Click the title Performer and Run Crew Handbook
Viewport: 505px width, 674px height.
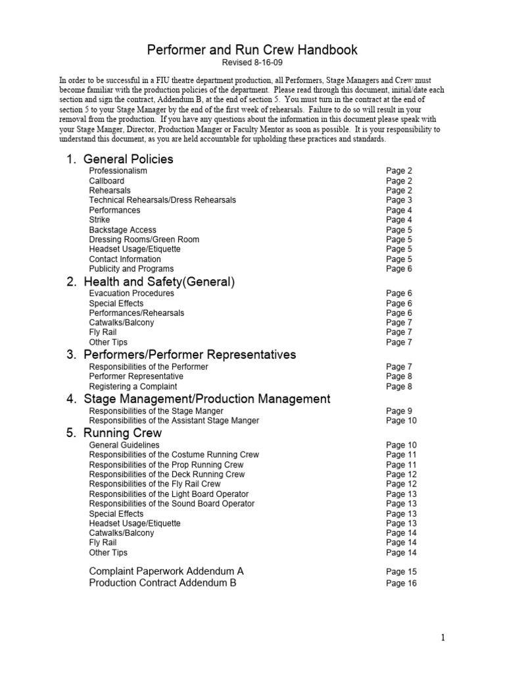252,50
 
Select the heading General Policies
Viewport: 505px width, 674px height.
128,159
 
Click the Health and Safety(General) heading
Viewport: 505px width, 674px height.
158,282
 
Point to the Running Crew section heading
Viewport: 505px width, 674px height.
122,433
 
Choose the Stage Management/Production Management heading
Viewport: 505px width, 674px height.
206,399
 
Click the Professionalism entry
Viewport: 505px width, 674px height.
118,170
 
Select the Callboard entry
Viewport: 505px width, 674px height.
107,180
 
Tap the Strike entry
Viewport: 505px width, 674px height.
100,220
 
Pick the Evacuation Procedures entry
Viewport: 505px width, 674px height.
132,294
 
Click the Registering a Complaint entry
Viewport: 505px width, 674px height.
133,386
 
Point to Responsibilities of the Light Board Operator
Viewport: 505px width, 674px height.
169,494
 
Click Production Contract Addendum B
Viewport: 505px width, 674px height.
162,583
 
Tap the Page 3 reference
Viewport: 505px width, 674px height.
399,200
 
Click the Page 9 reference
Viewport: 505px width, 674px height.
399,411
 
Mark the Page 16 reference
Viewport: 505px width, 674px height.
401,583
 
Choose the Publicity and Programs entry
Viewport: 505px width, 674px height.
132,269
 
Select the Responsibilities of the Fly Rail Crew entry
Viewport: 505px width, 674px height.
155,484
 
